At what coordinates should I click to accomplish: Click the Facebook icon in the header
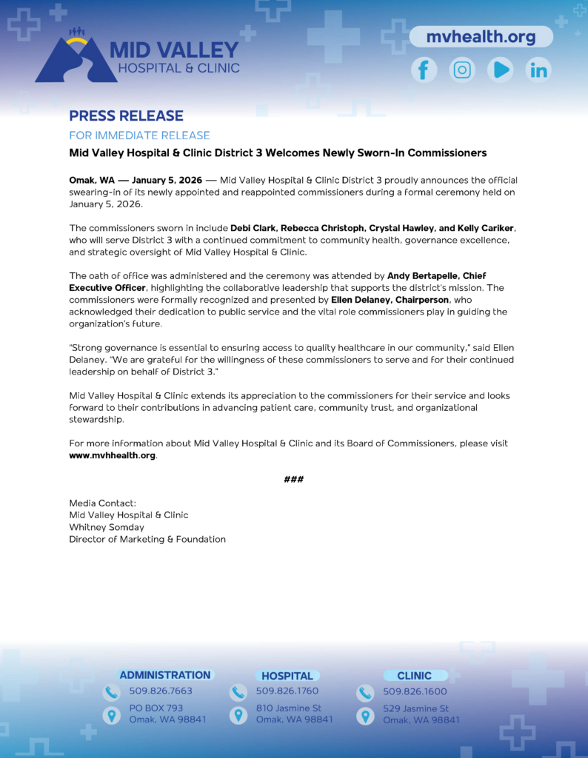(x=424, y=70)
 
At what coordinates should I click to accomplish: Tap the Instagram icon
(x=462, y=70)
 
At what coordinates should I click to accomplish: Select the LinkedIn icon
(x=538, y=70)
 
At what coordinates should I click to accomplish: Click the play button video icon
(x=501, y=70)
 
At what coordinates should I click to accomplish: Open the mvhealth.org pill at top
(x=481, y=36)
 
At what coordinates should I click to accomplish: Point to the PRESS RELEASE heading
(x=126, y=116)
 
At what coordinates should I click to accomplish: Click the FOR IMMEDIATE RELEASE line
(x=139, y=135)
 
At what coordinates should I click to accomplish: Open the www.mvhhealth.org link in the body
(x=113, y=455)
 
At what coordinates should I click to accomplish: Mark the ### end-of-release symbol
(x=294, y=480)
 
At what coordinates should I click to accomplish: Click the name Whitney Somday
(x=107, y=527)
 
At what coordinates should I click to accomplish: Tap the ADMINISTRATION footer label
(x=165, y=675)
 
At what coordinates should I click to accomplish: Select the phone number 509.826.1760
(x=287, y=691)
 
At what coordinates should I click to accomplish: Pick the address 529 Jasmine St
(x=416, y=708)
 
